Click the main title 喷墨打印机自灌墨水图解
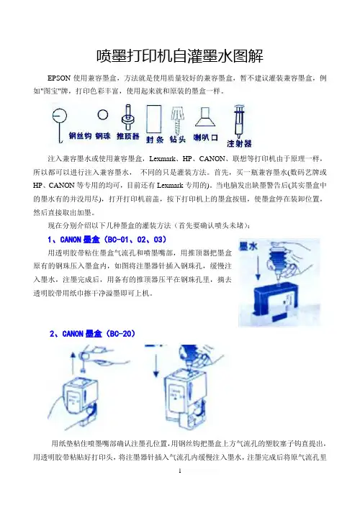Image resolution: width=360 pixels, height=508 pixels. [x=180, y=56]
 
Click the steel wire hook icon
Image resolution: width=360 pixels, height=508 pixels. [x=60, y=126]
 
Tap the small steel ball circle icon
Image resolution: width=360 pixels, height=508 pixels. [x=103, y=114]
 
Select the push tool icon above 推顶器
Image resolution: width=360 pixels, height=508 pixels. [x=127, y=117]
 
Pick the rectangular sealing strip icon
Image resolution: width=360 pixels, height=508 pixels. [x=154, y=119]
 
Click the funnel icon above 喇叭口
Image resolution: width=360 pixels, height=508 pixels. [x=205, y=117]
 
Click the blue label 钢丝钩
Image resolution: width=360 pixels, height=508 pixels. [x=80, y=136]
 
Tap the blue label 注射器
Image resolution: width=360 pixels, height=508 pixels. [x=239, y=143]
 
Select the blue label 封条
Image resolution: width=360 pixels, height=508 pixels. [x=154, y=140]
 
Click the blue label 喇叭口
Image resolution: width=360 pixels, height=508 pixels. [x=206, y=137]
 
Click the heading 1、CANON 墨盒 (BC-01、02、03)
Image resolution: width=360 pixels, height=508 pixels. [x=107, y=240]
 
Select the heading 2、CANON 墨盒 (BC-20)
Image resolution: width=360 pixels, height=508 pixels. [x=92, y=334]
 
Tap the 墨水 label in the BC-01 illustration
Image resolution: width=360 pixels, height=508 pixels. [x=248, y=246]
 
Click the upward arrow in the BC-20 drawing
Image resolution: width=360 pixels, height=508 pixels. [x=73, y=365]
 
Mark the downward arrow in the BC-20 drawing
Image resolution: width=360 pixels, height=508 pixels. [x=156, y=363]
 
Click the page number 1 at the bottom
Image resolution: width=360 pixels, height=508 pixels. [x=180, y=471]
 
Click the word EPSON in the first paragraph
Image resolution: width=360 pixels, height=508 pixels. [x=59, y=78]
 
